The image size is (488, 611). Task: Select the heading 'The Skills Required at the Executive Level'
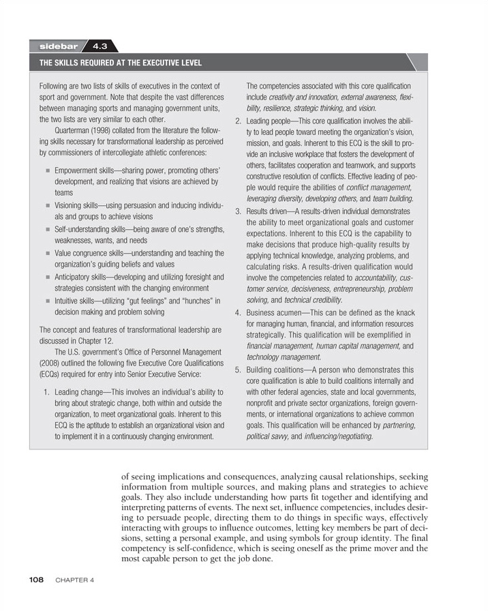(x=121, y=63)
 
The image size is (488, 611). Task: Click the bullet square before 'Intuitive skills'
(x=48, y=301)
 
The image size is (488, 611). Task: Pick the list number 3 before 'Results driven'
(x=238, y=211)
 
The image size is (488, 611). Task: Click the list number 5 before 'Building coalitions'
(x=238, y=370)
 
